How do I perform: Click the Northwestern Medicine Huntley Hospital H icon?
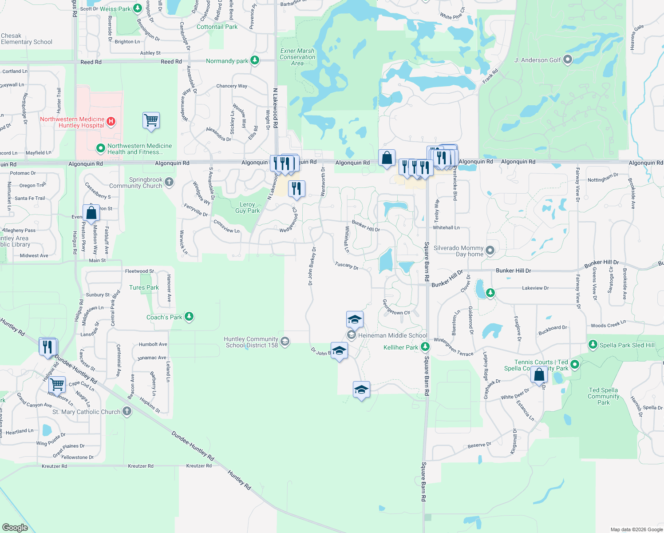click(111, 121)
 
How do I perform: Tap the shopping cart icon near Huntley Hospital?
click(151, 120)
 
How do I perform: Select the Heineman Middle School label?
click(392, 335)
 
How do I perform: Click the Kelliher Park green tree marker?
click(425, 346)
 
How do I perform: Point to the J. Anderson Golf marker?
click(568, 60)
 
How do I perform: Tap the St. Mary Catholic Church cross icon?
click(127, 411)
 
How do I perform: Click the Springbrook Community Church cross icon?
click(169, 182)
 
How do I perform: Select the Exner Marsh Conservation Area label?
click(297, 57)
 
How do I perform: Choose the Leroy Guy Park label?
click(247, 207)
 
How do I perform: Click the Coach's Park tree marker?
click(189, 317)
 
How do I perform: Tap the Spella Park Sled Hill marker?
click(593, 345)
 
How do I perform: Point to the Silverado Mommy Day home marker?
click(490, 251)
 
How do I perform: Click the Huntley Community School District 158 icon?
click(285, 341)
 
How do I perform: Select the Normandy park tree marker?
click(255, 60)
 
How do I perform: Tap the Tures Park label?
click(144, 287)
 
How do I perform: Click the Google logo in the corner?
click(15, 527)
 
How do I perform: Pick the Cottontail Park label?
click(217, 27)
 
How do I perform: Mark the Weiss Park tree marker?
click(138, 8)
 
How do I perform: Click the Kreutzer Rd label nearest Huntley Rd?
click(199, 465)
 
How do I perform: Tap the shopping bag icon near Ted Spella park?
click(539, 375)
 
